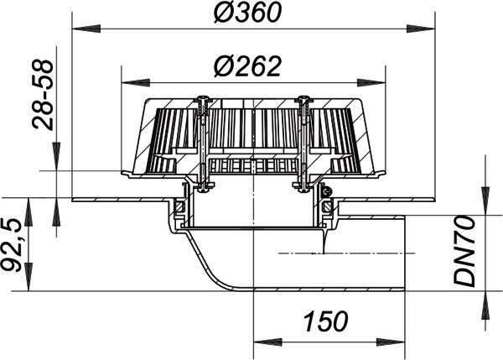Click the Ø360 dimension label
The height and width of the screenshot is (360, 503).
pyautogui.click(x=247, y=13)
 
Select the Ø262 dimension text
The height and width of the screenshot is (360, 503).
pyautogui.click(x=247, y=67)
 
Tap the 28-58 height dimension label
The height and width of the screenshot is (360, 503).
pyautogui.click(x=43, y=95)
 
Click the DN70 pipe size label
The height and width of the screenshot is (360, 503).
pyautogui.click(x=464, y=251)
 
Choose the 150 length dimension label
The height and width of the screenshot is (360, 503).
pyautogui.click(x=325, y=321)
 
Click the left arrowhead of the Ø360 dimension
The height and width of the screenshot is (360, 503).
pyautogui.click(x=86, y=29)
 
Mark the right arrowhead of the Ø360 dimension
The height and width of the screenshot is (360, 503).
pyautogui.click(x=421, y=29)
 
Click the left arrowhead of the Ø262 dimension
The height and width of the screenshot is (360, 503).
pyautogui.click(x=136, y=82)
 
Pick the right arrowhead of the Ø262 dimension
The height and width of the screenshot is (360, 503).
pyautogui.click(x=371, y=82)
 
